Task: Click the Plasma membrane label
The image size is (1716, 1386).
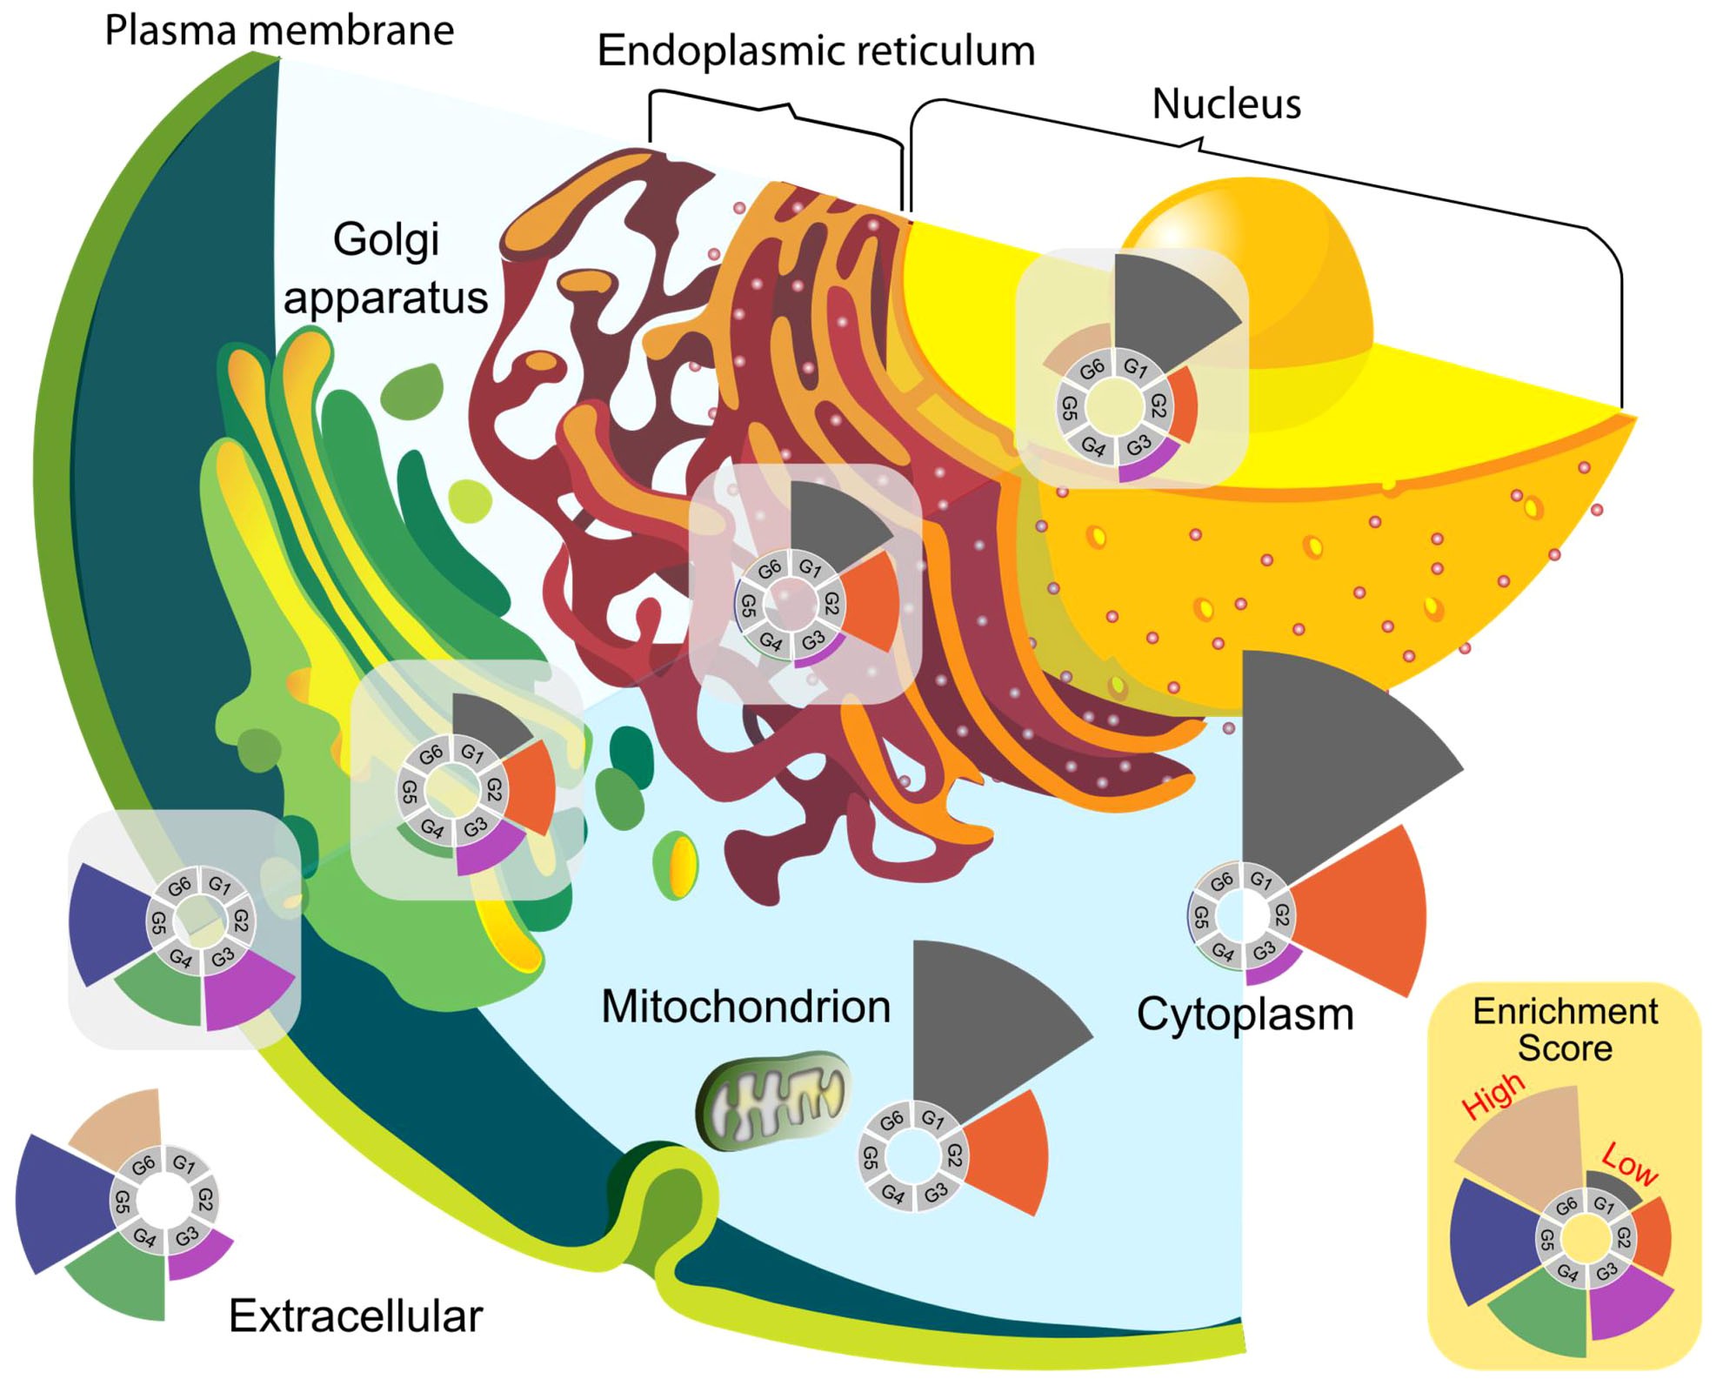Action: pyautogui.click(x=279, y=30)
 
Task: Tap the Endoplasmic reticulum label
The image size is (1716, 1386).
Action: pyautogui.click(x=816, y=50)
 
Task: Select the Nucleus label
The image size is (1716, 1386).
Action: pyautogui.click(x=1226, y=104)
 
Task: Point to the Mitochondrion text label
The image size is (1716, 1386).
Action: pyautogui.click(x=745, y=1007)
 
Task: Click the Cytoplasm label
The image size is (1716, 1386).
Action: pyautogui.click(x=1245, y=1014)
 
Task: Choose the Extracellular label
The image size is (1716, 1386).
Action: pyautogui.click(x=355, y=1316)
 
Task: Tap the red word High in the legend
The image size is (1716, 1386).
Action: pyautogui.click(x=1492, y=1095)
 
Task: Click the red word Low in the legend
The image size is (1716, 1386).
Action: pyautogui.click(x=1630, y=1164)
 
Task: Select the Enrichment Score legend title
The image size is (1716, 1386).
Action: pyautogui.click(x=1565, y=1029)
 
